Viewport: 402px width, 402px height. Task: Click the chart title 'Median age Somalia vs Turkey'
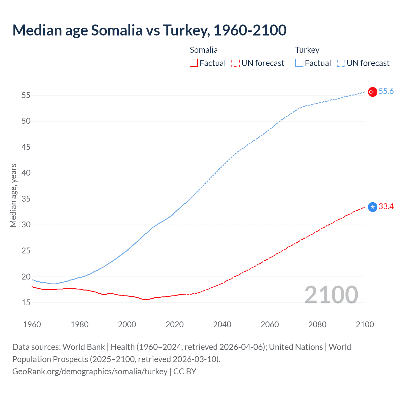(149, 30)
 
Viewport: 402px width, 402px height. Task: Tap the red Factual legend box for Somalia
(194, 63)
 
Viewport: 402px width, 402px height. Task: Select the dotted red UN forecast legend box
(236, 63)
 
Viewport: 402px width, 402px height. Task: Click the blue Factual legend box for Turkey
(299, 63)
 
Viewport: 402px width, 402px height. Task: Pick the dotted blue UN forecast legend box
(341, 63)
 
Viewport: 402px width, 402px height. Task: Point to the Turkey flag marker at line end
(372, 92)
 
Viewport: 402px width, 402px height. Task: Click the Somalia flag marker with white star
(372, 207)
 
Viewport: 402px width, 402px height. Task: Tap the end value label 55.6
(386, 91)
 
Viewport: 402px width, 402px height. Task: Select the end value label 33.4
(386, 207)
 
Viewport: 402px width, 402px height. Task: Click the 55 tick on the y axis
(26, 95)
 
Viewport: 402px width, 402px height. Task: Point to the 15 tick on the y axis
(26, 303)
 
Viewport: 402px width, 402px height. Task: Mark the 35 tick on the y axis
(26, 199)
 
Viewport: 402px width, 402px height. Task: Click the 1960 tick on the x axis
(32, 324)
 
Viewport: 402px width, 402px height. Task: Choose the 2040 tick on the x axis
(222, 324)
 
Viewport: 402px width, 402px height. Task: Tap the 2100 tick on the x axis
(365, 324)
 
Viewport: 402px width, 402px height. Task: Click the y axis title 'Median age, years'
(13, 195)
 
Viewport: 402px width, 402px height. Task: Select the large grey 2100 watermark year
(331, 295)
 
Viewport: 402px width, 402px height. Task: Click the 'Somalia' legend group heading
(204, 50)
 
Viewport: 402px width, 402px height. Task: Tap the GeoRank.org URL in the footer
(90, 372)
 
